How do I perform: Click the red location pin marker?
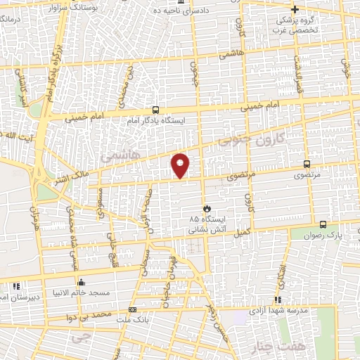click(x=181, y=165)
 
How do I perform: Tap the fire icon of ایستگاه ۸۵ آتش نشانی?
click(x=207, y=208)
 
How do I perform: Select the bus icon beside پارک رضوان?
click(x=322, y=225)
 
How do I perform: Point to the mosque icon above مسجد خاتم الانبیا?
click(x=81, y=281)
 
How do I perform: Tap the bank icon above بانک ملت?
click(x=132, y=310)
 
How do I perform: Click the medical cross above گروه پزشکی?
click(x=295, y=9)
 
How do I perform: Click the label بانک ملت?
click(x=134, y=320)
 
